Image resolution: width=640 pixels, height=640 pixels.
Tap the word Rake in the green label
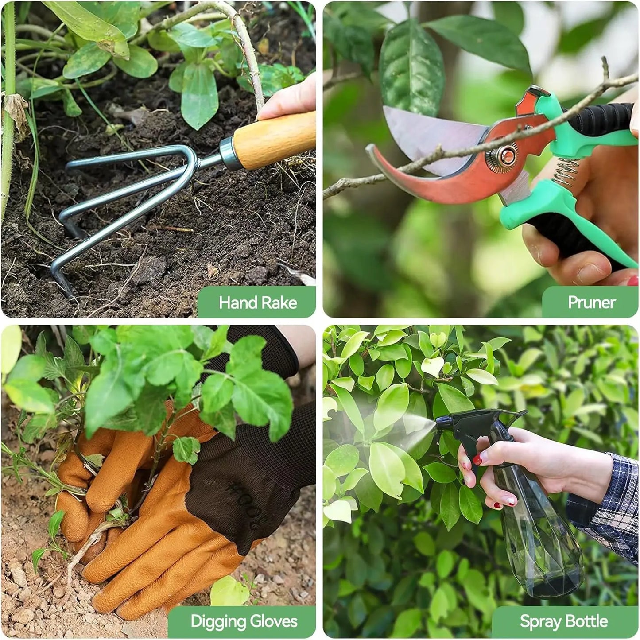[279, 303]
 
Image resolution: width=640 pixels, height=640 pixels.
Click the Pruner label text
[591, 303]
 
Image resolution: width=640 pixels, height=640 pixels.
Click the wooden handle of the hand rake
[275, 140]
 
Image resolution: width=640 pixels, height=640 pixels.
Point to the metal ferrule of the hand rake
[229, 153]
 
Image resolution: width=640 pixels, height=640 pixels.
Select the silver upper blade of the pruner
[425, 133]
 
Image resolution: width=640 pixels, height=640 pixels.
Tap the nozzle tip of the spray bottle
[438, 423]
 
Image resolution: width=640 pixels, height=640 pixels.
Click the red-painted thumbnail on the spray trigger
[477, 459]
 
